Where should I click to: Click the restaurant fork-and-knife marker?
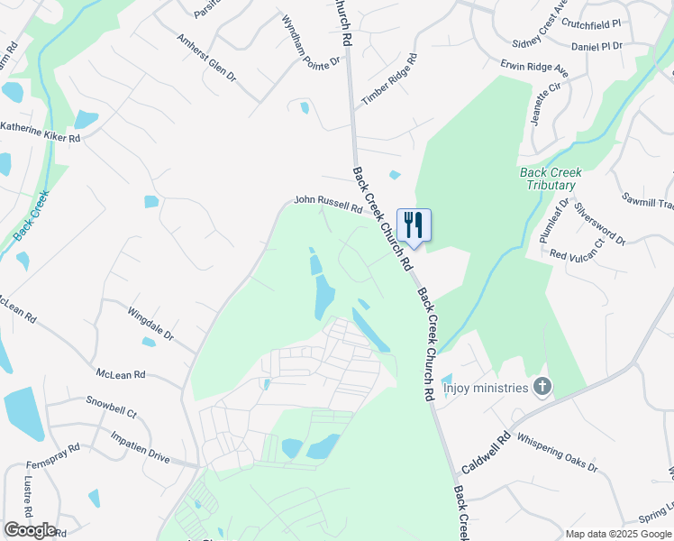414,225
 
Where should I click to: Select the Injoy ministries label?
486,390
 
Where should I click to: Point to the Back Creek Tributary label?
551,179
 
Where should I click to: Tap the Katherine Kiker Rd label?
41,133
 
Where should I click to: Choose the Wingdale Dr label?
150,322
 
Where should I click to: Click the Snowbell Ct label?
111,407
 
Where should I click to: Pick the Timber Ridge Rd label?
389,80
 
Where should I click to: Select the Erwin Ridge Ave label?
535,68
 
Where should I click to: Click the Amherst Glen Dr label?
205,58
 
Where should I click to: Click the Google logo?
29,530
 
